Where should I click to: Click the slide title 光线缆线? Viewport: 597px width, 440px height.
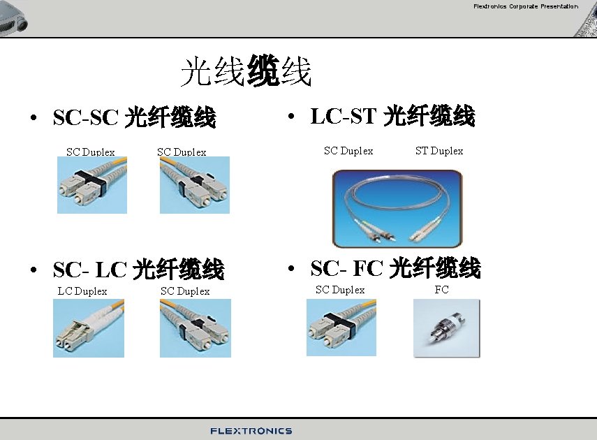click(x=245, y=72)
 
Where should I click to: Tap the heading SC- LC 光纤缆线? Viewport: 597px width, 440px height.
click(x=138, y=269)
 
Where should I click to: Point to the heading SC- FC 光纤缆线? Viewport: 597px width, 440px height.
click(x=395, y=267)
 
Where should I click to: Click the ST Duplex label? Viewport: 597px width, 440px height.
click(x=439, y=151)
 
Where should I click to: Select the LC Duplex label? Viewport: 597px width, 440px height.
click(x=82, y=291)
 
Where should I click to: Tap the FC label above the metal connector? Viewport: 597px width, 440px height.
click(x=441, y=290)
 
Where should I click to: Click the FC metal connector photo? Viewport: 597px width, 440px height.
click(x=447, y=328)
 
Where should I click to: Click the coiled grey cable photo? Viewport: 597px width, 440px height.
click(x=397, y=208)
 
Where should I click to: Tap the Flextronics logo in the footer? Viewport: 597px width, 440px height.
click(x=251, y=431)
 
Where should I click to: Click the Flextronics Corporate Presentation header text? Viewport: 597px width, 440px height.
click(x=525, y=7)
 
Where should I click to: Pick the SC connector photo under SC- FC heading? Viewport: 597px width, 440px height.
click(x=341, y=328)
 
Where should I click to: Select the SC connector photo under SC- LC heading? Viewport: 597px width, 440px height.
click(x=195, y=328)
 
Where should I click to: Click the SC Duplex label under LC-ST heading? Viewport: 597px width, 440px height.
click(x=348, y=151)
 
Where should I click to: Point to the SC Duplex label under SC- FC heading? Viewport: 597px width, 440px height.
click(x=340, y=290)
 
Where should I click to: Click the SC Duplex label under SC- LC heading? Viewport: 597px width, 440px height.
click(x=185, y=291)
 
